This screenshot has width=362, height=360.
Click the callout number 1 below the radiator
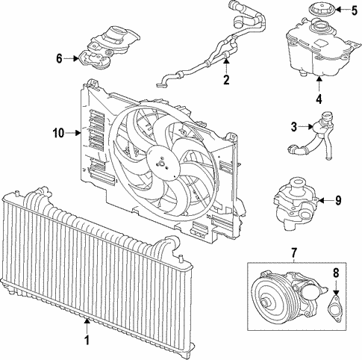coord(87,341)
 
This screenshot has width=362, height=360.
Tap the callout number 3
coord(295,128)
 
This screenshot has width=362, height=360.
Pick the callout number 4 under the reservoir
coord(318,96)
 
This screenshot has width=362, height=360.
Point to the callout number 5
coord(355,10)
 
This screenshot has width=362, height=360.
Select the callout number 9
coord(337,200)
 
